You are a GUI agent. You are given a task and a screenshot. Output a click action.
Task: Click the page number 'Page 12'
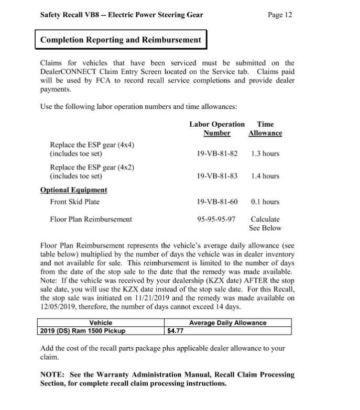(279, 15)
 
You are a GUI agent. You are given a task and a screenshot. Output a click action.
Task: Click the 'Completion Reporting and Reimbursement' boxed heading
(121, 40)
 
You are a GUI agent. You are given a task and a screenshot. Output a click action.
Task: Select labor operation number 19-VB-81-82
(217, 154)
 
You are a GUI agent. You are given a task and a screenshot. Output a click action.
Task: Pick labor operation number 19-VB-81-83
(217, 176)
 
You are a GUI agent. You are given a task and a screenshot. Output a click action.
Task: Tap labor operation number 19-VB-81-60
(217, 202)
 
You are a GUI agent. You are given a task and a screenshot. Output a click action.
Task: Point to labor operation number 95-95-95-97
(217, 219)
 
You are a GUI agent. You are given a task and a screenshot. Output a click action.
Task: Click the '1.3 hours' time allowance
(265, 154)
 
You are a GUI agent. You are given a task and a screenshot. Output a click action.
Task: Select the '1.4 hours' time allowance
(265, 176)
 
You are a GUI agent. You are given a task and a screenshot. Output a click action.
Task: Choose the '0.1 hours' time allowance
(265, 202)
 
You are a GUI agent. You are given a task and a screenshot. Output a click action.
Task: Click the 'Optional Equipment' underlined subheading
(74, 190)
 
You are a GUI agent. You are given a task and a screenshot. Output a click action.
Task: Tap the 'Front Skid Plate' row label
(74, 202)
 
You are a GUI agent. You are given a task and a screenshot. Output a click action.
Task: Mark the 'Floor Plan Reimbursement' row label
(91, 219)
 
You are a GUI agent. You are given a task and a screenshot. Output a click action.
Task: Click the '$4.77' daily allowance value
(175, 331)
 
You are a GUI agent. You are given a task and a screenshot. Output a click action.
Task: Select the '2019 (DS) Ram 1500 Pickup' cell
(83, 331)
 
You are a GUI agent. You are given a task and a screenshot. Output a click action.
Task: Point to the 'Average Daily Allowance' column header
(227, 323)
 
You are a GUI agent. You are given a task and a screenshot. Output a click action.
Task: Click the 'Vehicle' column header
(101, 323)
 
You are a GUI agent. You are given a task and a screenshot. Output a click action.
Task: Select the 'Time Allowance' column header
(265, 129)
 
